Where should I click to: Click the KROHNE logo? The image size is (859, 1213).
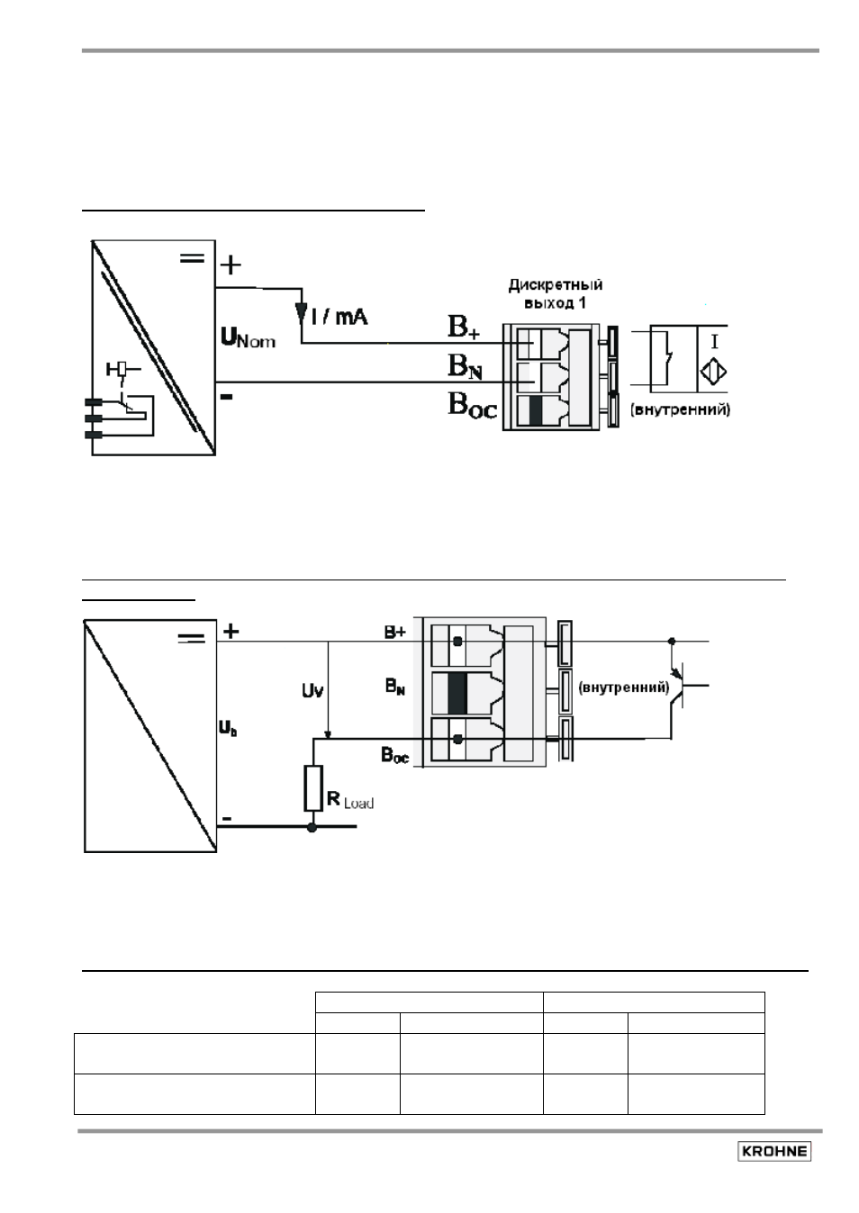[x=774, y=1151]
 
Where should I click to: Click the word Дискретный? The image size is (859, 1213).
[x=556, y=285]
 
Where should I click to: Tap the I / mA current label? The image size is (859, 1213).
[x=339, y=316]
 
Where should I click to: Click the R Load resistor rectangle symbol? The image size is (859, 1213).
[x=313, y=788]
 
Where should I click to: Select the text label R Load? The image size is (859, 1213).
[x=350, y=800]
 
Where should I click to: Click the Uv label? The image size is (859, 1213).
[x=312, y=691]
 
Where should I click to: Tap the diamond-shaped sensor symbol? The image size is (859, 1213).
[x=713, y=372]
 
